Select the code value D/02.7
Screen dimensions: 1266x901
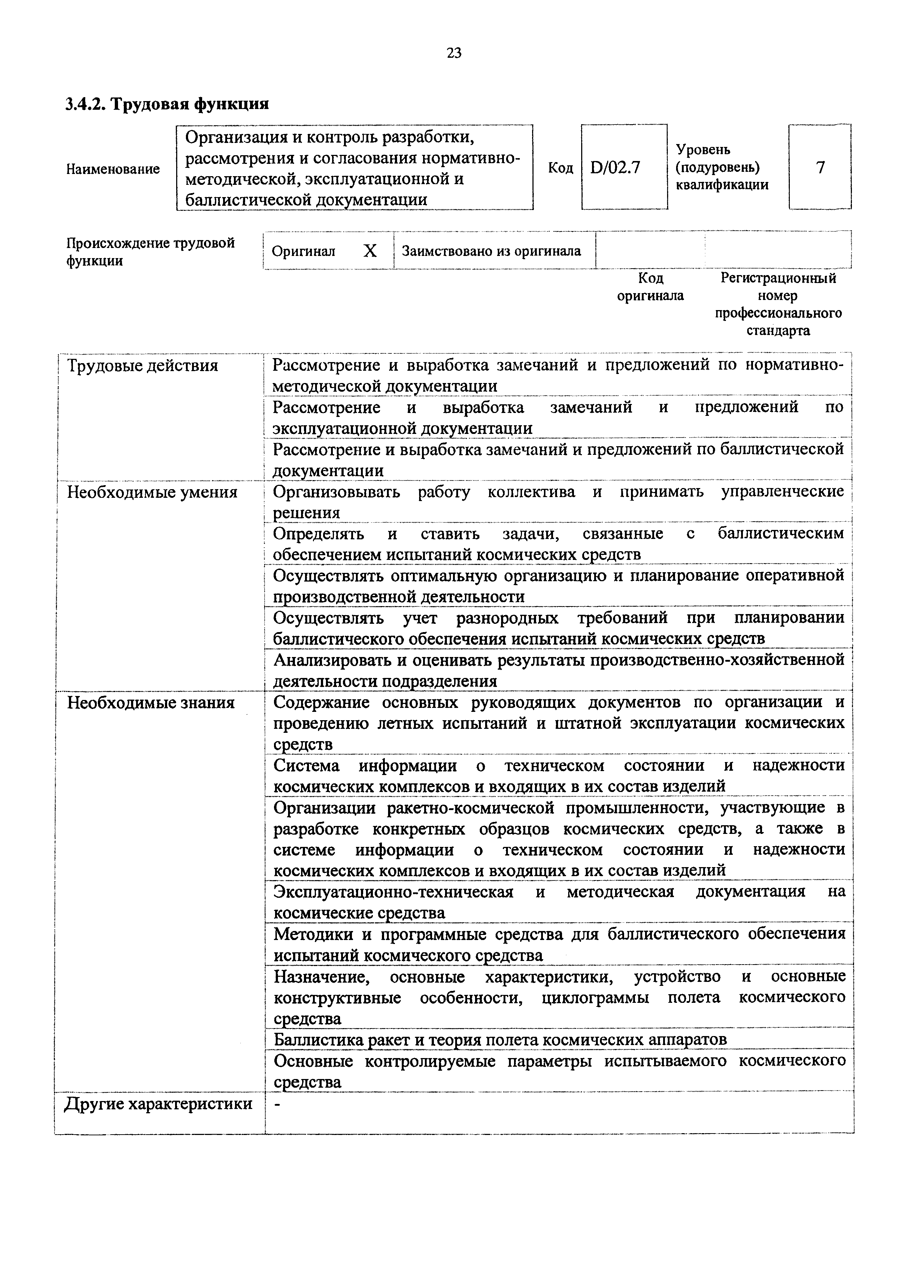tap(616, 167)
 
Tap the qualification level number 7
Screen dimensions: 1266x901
tap(820, 167)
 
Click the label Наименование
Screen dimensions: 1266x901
tap(113, 169)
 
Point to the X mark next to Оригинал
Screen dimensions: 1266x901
tap(370, 251)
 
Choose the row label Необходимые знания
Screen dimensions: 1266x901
tap(151, 703)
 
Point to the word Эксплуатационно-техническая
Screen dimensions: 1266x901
tap(393, 892)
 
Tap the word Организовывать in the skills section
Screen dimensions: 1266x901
tap(336, 492)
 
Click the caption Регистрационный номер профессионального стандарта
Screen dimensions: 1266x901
tap(778, 304)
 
